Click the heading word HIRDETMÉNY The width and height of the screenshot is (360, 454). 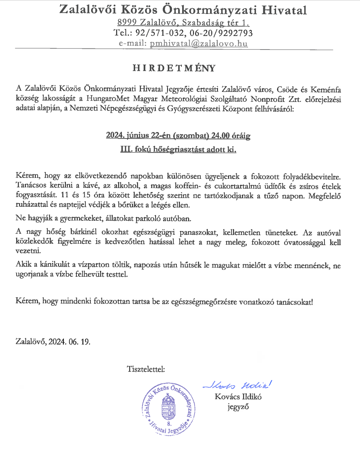pos(174,68)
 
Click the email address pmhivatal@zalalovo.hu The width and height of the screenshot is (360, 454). pos(199,43)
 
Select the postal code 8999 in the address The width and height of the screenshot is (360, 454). pos(127,22)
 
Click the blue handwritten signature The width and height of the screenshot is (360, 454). pos(237,385)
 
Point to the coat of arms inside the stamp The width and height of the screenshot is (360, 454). pos(169,408)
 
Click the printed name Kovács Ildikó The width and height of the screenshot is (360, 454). pos(238,397)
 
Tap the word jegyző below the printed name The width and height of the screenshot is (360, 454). pos(238,407)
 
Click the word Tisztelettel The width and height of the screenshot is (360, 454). pos(146,369)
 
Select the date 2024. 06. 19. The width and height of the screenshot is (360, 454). pos(70,341)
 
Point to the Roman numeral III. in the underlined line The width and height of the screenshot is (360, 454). pos(126,150)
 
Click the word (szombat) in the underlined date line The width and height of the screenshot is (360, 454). pos(191,136)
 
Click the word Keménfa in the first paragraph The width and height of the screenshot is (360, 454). pos(326,89)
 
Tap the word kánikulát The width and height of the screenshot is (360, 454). pos(55,265)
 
